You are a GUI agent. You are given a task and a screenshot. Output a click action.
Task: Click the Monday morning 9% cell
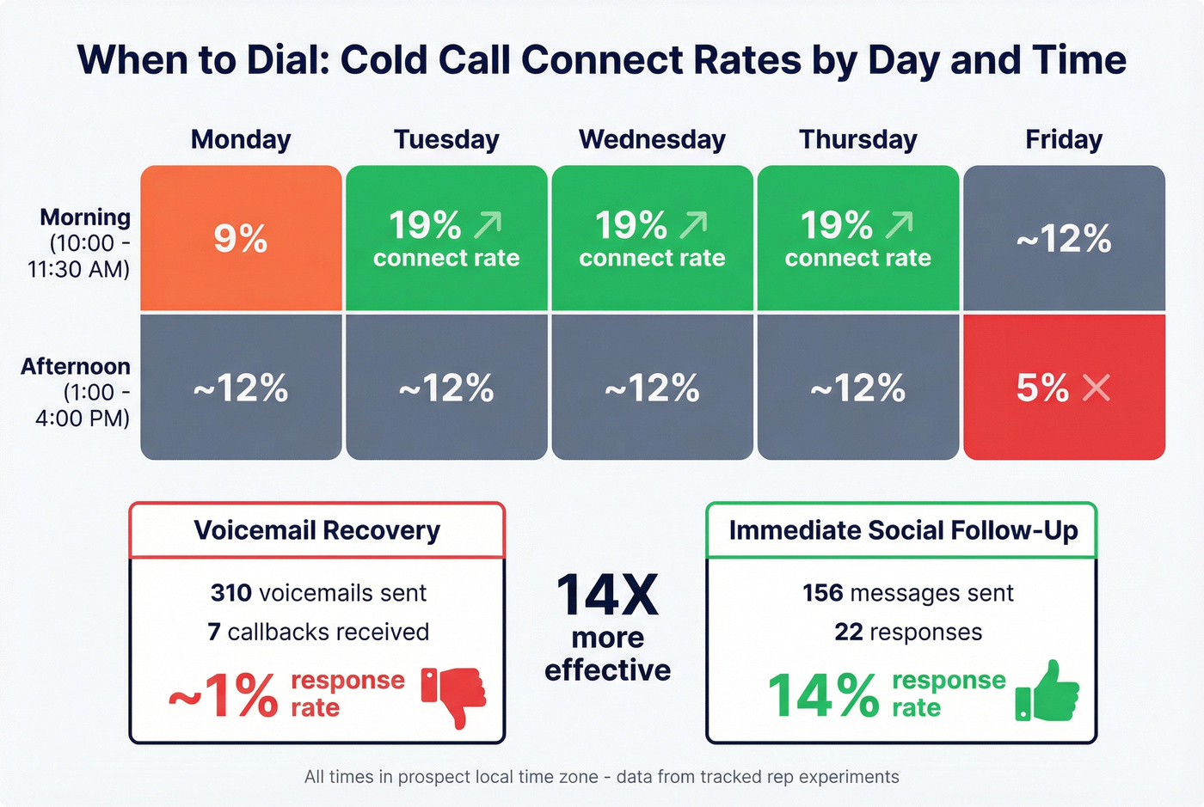[241, 238]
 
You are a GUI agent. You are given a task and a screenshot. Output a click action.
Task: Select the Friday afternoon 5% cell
[1063, 388]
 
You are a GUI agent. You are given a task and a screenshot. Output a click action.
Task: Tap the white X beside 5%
[1096, 388]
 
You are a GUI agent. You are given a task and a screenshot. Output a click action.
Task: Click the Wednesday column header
[652, 139]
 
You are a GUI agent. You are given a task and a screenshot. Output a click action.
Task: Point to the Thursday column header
[857, 139]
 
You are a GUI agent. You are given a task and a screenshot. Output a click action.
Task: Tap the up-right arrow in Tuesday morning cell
[488, 225]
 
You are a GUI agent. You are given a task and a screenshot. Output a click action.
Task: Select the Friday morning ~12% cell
[1063, 238]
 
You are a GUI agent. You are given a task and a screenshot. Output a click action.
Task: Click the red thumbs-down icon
[454, 695]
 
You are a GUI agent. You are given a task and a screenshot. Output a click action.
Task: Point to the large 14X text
[607, 596]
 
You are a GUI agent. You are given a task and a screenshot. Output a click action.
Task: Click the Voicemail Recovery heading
[316, 530]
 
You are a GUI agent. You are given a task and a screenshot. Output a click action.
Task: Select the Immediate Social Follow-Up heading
[902, 530]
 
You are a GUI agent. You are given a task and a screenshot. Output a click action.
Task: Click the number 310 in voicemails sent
[230, 593]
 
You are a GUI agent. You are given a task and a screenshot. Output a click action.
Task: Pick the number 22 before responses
[848, 632]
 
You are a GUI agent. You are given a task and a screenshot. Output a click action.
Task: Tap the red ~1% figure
[224, 694]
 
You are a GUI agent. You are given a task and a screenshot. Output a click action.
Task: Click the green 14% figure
[823, 694]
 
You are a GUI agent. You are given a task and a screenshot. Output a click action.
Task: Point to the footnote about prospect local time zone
[601, 777]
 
